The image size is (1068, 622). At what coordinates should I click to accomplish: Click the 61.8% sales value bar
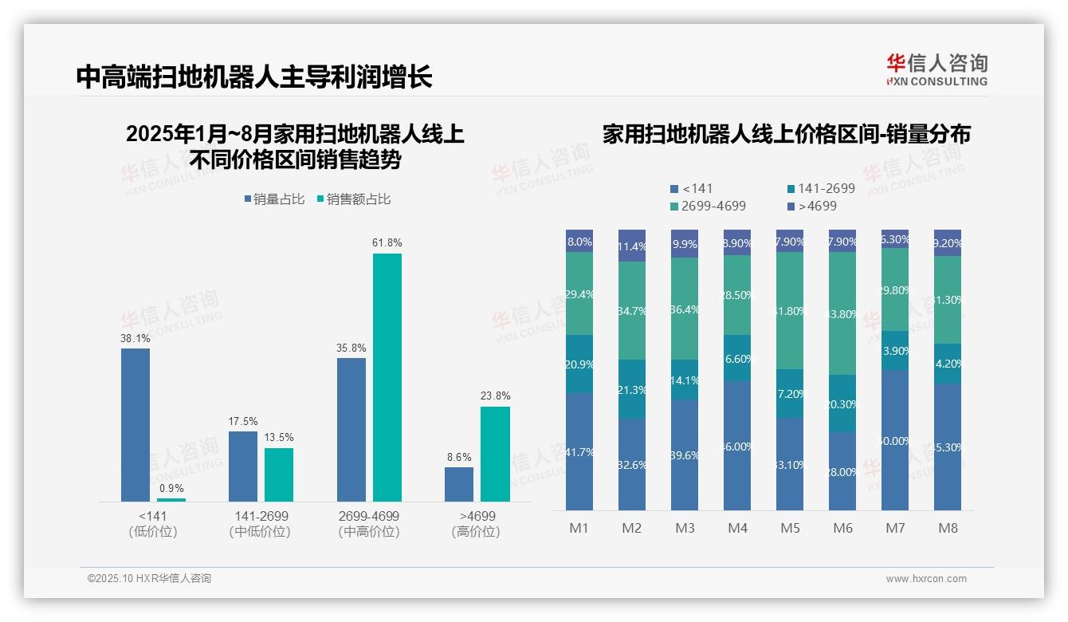coord(387,377)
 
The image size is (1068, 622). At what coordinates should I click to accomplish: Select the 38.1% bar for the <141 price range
coord(135,424)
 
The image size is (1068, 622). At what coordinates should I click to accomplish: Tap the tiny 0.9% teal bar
coord(171,500)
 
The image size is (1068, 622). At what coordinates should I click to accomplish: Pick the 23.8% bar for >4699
coord(495,454)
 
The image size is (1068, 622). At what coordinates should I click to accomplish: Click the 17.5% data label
coord(243,421)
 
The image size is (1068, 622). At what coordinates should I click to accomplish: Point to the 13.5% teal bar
coord(279,474)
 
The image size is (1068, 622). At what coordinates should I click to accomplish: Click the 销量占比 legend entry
coord(274,199)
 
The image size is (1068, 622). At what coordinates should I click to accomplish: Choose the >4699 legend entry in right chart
coord(813,206)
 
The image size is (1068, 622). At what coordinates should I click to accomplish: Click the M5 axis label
coord(791,528)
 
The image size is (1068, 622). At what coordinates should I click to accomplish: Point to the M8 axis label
coord(948,528)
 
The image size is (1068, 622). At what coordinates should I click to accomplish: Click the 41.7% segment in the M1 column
coord(579,451)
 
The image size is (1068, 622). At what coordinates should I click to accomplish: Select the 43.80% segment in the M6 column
coord(842,313)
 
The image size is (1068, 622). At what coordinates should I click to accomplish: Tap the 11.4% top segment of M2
coord(632,246)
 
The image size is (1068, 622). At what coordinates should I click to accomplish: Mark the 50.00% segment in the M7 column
coord(895,439)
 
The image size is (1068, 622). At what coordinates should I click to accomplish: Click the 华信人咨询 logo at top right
coord(936,69)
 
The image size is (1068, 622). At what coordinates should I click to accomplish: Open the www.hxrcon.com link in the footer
coord(926,579)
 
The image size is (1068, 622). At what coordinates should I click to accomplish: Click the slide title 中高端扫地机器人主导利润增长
coord(254,77)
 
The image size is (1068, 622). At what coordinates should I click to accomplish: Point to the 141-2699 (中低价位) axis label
coord(260,524)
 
